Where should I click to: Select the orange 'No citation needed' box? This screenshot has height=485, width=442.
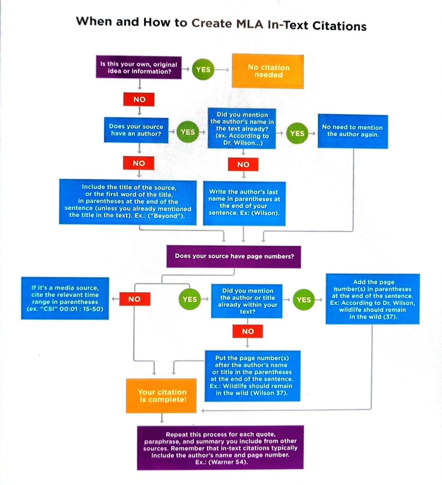click(268, 71)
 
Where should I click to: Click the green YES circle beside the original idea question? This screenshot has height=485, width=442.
click(203, 69)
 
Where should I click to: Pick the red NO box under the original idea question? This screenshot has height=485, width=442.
click(139, 100)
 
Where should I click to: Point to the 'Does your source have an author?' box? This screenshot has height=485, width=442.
click(136, 129)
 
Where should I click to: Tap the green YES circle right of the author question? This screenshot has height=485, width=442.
click(188, 132)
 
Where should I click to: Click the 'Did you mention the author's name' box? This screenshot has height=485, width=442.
click(242, 128)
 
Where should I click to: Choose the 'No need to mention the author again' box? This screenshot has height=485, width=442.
click(352, 130)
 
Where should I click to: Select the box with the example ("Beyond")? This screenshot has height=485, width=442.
click(128, 201)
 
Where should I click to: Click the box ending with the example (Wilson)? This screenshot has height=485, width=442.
click(244, 202)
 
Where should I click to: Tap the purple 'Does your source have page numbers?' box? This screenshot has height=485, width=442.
click(234, 256)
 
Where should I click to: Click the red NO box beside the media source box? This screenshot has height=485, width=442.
click(135, 299)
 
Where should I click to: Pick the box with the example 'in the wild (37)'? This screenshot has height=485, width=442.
click(372, 299)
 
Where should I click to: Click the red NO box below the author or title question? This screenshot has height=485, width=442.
click(248, 331)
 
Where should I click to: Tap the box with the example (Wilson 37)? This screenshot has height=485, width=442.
click(252, 375)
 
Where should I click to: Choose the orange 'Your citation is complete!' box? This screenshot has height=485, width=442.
click(162, 395)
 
